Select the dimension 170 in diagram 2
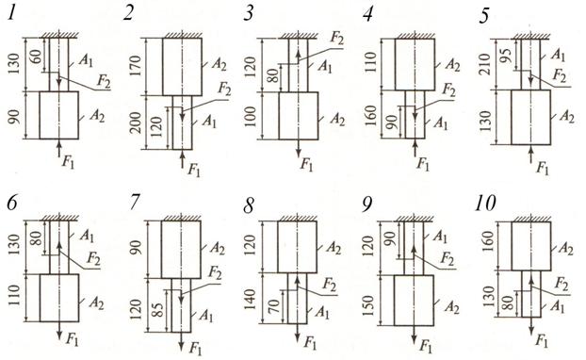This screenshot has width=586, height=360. click(137, 65)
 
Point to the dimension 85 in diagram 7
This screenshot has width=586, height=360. click(159, 308)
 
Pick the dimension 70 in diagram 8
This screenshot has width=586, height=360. click(274, 307)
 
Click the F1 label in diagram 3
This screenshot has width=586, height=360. click(306, 164)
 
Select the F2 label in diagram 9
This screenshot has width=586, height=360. click(447, 258)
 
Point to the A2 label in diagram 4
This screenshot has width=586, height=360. click(452, 65)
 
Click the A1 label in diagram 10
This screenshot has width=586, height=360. click(557, 306)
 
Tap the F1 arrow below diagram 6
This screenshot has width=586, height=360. click(59, 331)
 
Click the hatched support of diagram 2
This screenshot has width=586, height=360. click(183, 34)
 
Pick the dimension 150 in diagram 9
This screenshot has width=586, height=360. click(368, 305)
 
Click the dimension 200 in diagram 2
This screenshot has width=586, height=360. click(137, 123)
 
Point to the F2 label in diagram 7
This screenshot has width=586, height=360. click(215, 273)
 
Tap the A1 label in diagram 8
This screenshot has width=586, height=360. click(322, 311)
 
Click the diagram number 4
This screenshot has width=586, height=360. click(368, 15)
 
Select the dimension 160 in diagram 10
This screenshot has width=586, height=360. click(490, 241)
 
